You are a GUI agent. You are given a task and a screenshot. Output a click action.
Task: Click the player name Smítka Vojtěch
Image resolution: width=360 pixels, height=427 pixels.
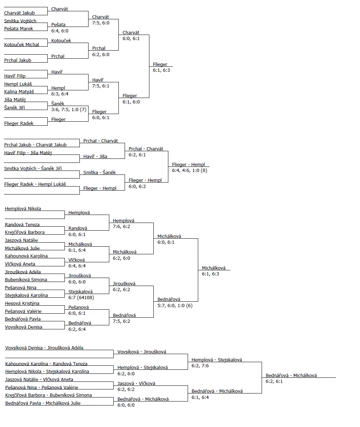(x=20, y=21)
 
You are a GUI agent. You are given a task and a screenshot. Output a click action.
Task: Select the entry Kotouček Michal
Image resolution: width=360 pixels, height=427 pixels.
(x=21, y=44)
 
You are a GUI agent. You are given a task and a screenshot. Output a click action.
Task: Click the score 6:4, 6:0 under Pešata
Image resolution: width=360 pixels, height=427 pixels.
(x=60, y=31)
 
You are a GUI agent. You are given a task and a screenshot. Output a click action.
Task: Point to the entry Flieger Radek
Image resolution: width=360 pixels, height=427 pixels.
(x=19, y=123)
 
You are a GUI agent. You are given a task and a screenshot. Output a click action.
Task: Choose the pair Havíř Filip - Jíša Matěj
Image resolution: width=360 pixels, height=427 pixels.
(x=28, y=153)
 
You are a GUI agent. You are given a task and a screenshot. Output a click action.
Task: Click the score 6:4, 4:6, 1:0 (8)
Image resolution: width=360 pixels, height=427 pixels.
(x=189, y=170)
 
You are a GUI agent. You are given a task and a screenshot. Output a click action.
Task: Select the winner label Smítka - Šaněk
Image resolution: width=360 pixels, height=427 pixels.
(x=99, y=172)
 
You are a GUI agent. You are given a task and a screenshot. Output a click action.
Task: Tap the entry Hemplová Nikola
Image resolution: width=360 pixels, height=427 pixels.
(x=23, y=209)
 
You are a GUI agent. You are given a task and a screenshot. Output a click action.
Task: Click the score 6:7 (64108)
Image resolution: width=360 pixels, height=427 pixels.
(x=81, y=297)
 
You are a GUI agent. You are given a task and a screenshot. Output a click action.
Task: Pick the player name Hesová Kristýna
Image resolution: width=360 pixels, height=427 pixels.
(x=22, y=303)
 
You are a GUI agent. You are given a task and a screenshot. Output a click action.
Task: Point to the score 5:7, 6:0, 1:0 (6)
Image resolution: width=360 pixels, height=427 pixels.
(x=175, y=305)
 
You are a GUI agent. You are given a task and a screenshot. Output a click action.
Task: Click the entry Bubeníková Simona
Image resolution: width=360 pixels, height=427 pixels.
(x=26, y=279)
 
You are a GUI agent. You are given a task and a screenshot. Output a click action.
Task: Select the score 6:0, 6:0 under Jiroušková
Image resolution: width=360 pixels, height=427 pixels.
(x=77, y=282)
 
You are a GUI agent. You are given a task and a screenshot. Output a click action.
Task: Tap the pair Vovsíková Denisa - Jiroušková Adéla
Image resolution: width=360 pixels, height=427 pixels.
(x=44, y=348)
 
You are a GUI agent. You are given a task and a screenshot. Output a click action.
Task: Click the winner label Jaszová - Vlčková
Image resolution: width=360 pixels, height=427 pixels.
(x=136, y=383)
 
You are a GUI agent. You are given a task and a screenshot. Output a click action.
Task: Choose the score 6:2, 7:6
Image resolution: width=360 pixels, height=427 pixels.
(x=200, y=365)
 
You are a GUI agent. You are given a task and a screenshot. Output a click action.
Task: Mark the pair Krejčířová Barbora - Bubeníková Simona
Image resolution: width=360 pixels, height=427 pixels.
(x=48, y=395)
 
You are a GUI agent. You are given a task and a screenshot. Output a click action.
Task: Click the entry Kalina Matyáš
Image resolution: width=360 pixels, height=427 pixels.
(x=19, y=92)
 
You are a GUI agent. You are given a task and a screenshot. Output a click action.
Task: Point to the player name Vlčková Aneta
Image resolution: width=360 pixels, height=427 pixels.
(x=20, y=264)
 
